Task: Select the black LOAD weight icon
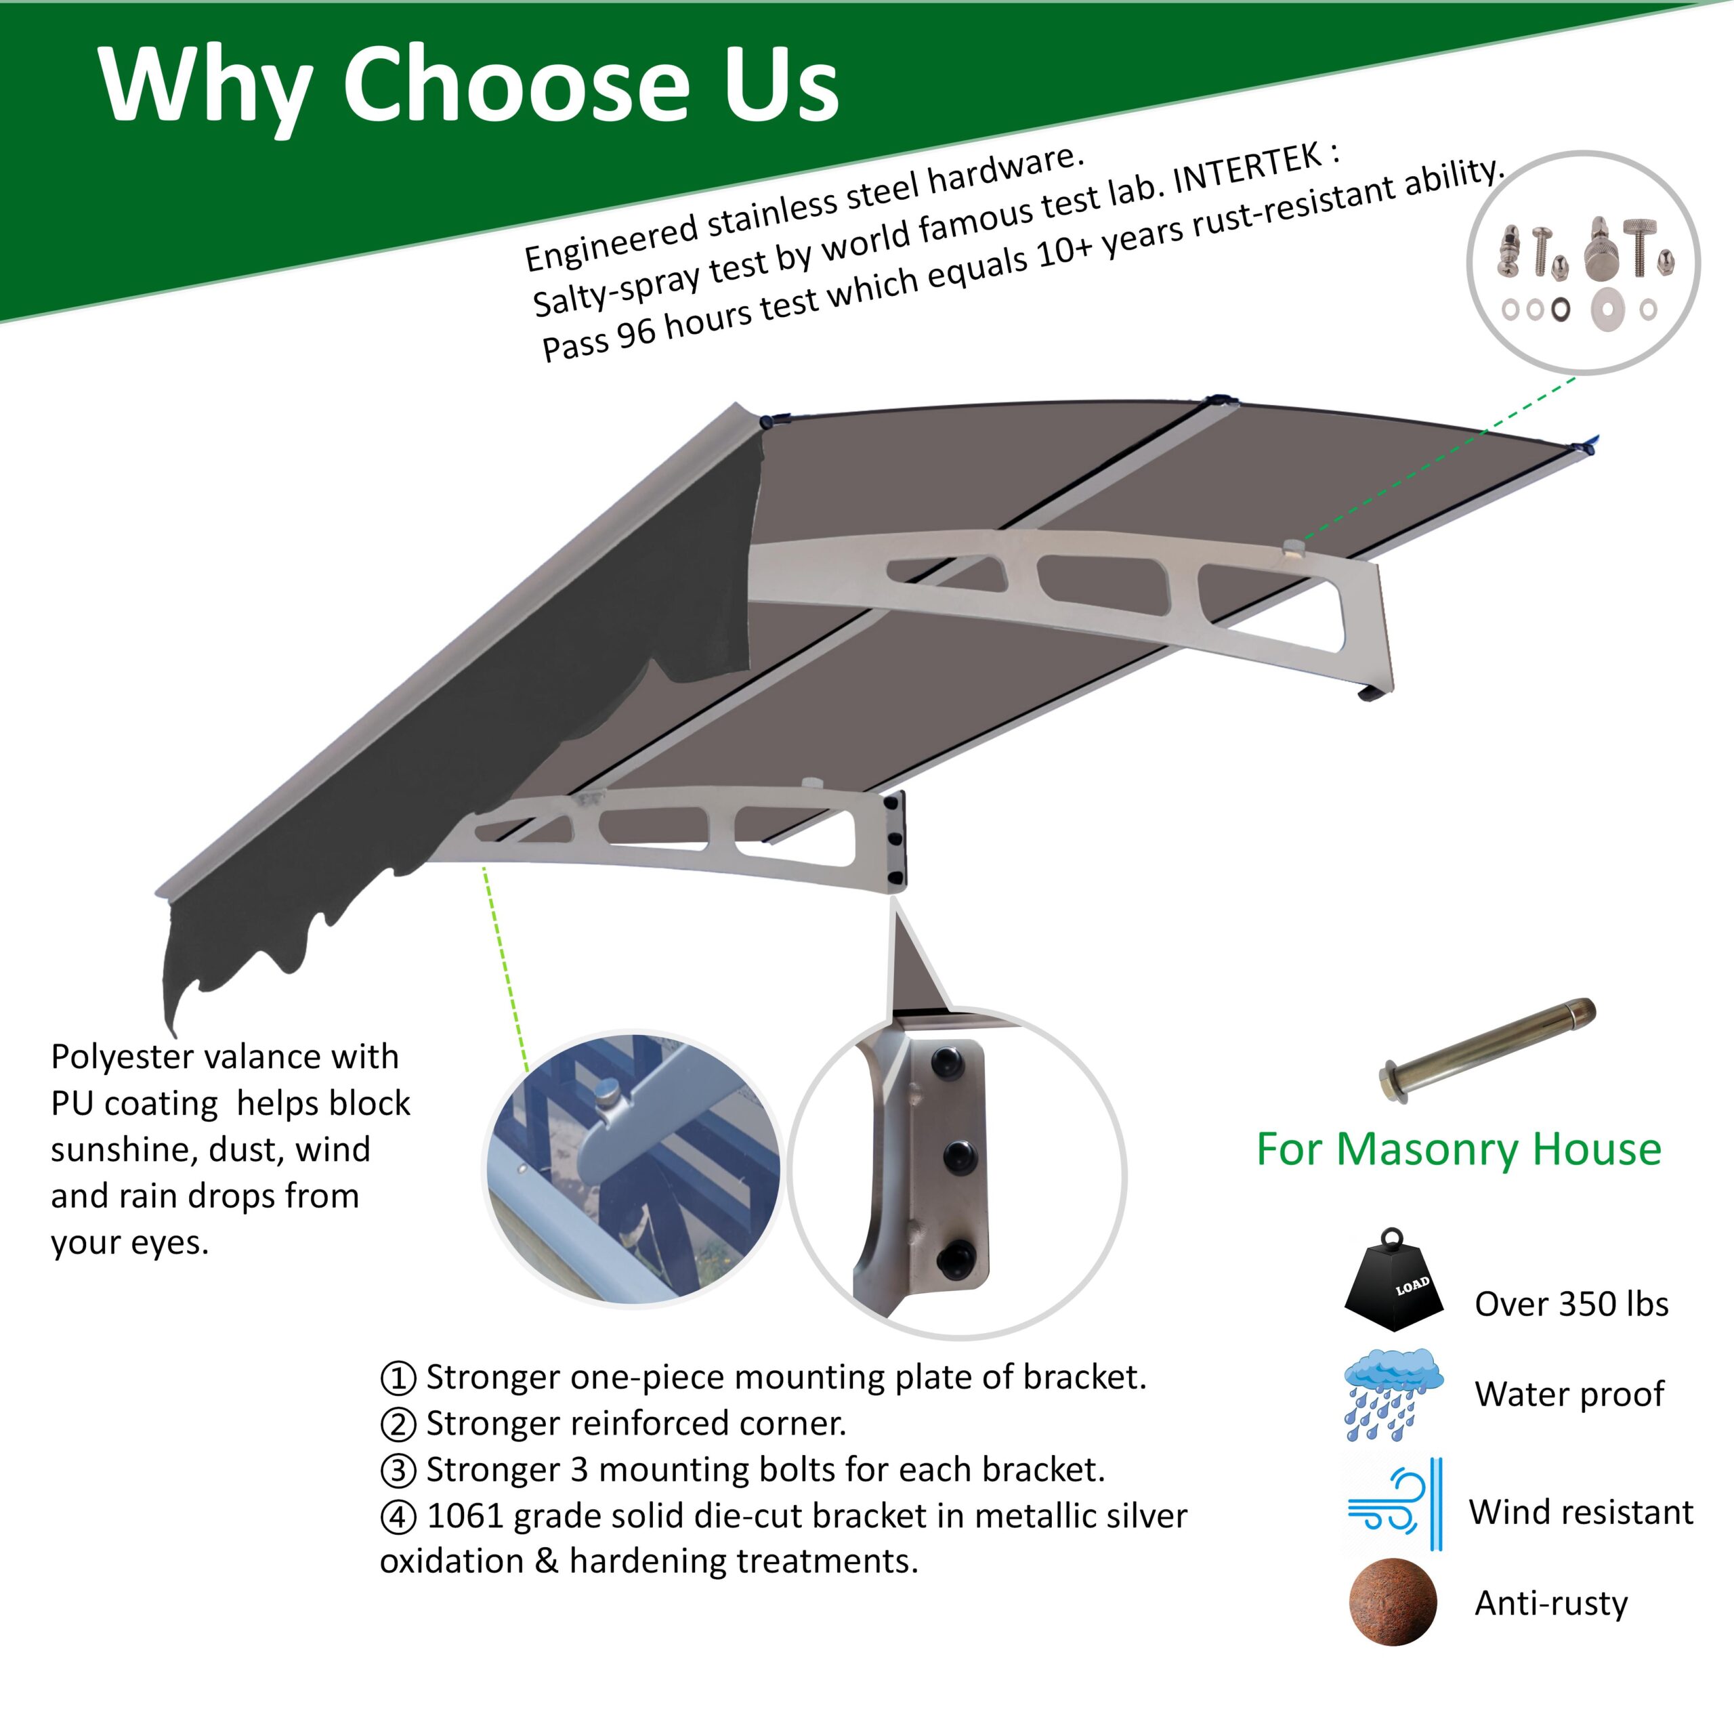[1394, 1278]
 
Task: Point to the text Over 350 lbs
[1571, 1304]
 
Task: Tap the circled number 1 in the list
[398, 1378]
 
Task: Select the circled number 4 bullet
[398, 1517]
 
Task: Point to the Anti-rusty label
[1551, 1603]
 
